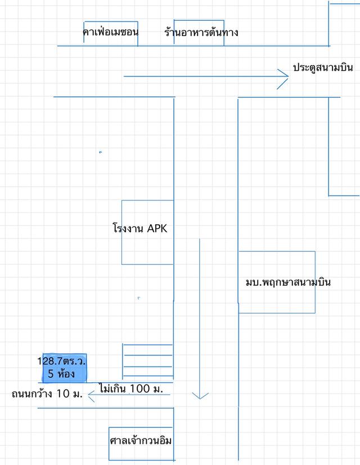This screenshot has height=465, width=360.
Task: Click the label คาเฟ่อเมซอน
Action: pyautogui.click(x=110, y=32)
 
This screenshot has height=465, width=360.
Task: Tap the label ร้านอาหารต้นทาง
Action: pyautogui.click(x=201, y=32)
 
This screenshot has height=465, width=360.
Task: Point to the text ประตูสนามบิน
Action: pyautogui.click(x=323, y=67)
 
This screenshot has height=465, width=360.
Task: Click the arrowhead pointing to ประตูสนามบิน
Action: pyautogui.click(x=283, y=76)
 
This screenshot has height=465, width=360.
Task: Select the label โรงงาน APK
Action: pyautogui.click(x=140, y=228)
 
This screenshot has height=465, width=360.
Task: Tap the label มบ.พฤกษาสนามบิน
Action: pyautogui.click(x=287, y=282)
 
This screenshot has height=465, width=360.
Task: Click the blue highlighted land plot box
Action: pyautogui.click(x=65, y=368)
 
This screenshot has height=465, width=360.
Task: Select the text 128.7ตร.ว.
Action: pyautogui.click(x=65, y=360)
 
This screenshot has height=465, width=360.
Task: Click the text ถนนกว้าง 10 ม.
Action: pyautogui.click(x=47, y=394)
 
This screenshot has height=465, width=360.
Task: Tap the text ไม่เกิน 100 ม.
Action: pyautogui.click(x=130, y=389)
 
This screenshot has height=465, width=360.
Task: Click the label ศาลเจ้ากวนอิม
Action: pyautogui.click(x=141, y=441)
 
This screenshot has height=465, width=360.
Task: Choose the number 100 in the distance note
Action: pyautogui.click(x=139, y=389)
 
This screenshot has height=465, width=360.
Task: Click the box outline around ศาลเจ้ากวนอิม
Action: pyautogui.click(x=109, y=444)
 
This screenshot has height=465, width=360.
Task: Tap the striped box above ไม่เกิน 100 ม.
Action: pyautogui.click(x=147, y=360)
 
